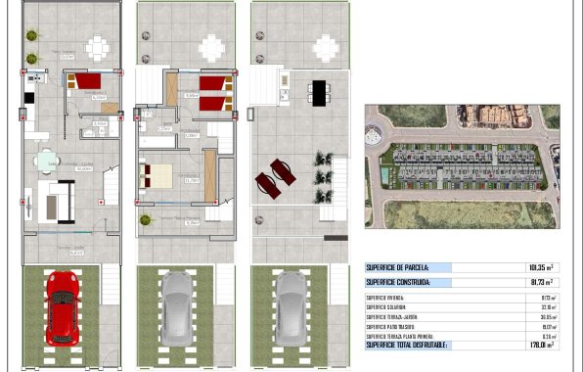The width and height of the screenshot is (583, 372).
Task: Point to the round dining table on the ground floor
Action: [x=45, y=162]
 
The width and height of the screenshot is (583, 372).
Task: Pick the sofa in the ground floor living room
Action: [x=56, y=201]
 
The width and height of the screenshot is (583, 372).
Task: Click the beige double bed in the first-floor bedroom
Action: [x=158, y=176]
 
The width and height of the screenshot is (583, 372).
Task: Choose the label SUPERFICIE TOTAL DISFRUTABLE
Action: [x=407, y=345]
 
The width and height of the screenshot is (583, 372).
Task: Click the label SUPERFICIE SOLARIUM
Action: [x=388, y=306]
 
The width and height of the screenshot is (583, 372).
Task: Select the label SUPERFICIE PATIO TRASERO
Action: [x=394, y=326]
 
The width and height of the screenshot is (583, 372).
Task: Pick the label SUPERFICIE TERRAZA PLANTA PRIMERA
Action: [x=403, y=336]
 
